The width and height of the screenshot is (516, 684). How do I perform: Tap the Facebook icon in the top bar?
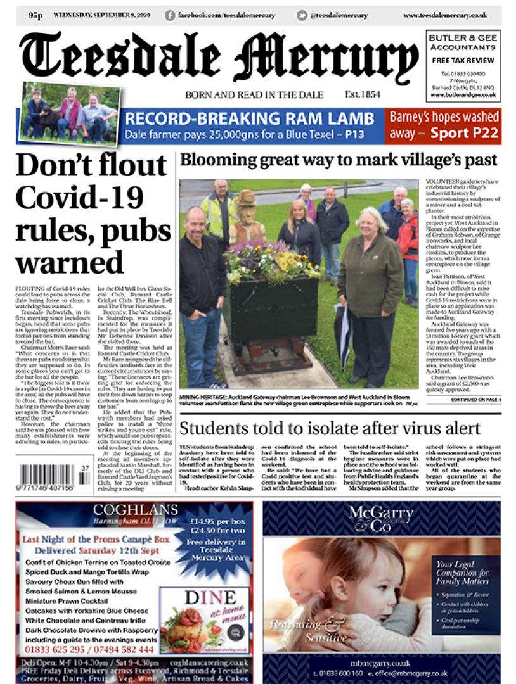[x=169, y=15]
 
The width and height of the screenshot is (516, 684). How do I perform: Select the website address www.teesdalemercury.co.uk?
[x=444, y=15]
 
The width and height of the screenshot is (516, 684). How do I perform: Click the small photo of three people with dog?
[x=70, y=113]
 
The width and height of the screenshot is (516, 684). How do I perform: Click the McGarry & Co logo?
[x=381, y=518]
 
